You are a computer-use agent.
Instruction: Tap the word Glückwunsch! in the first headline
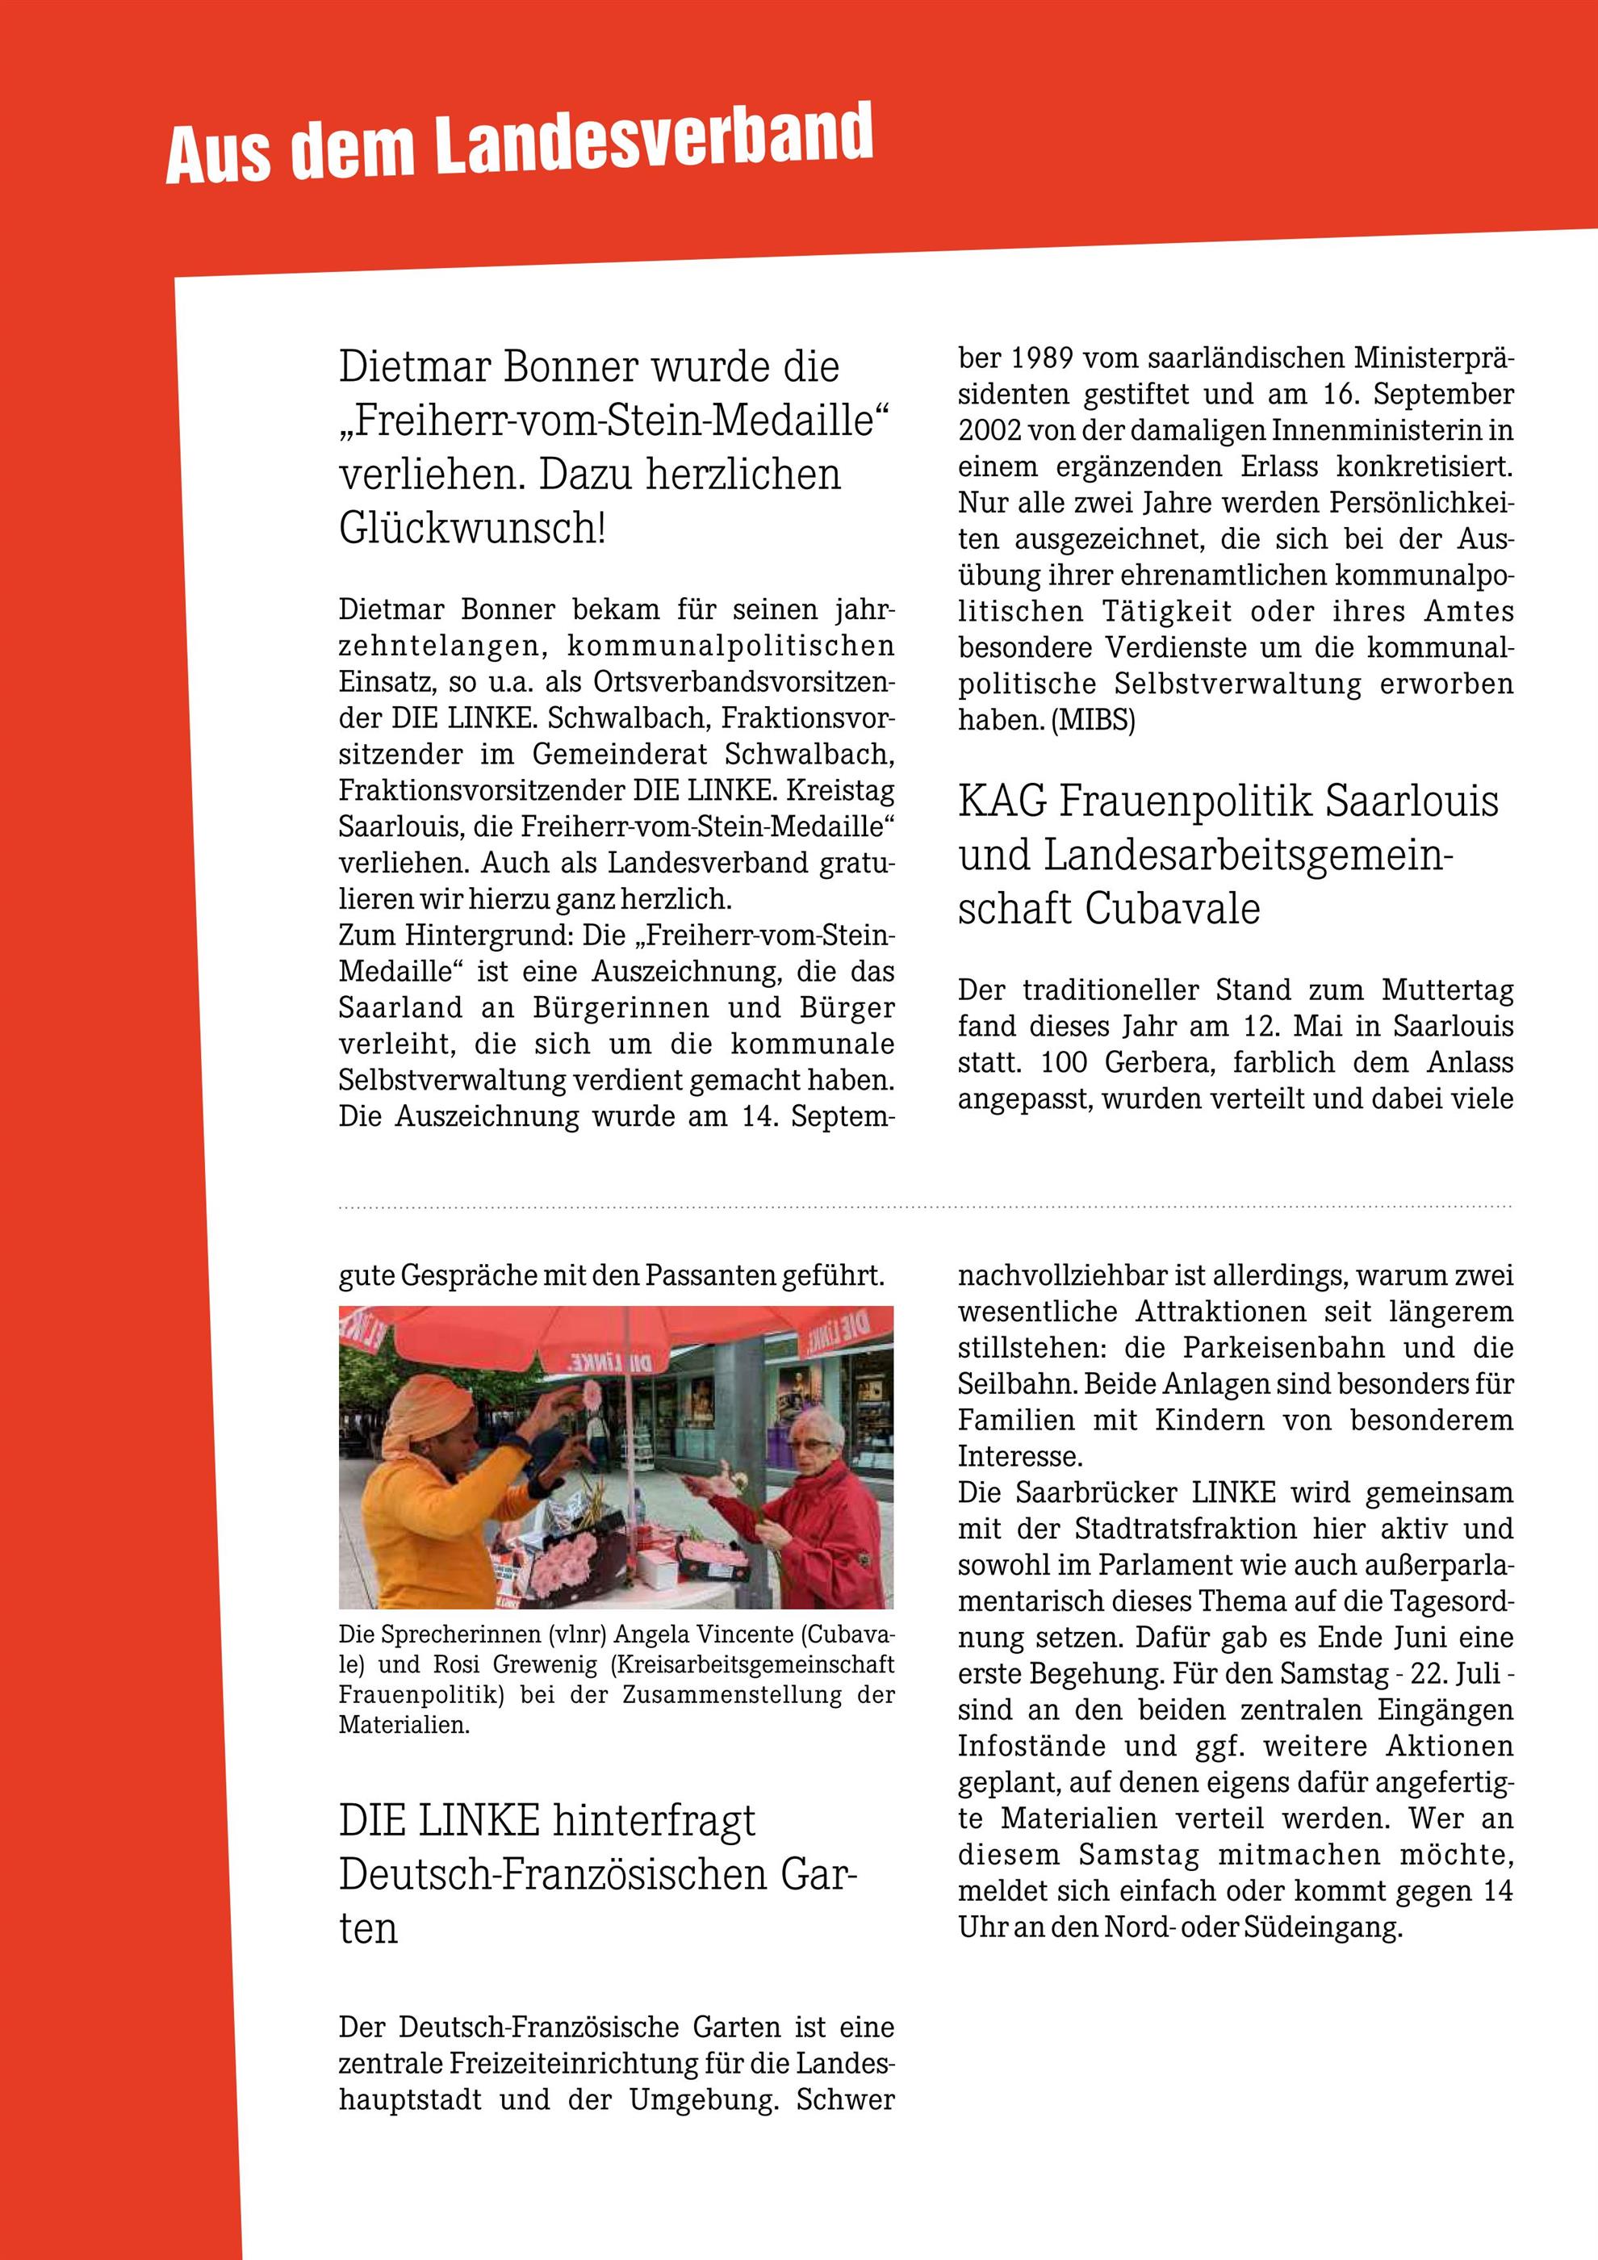point(472,529)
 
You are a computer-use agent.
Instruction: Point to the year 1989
point(1013,358)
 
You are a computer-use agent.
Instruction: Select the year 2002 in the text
point(993,430)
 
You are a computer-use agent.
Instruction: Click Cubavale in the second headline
point(1172,907)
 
